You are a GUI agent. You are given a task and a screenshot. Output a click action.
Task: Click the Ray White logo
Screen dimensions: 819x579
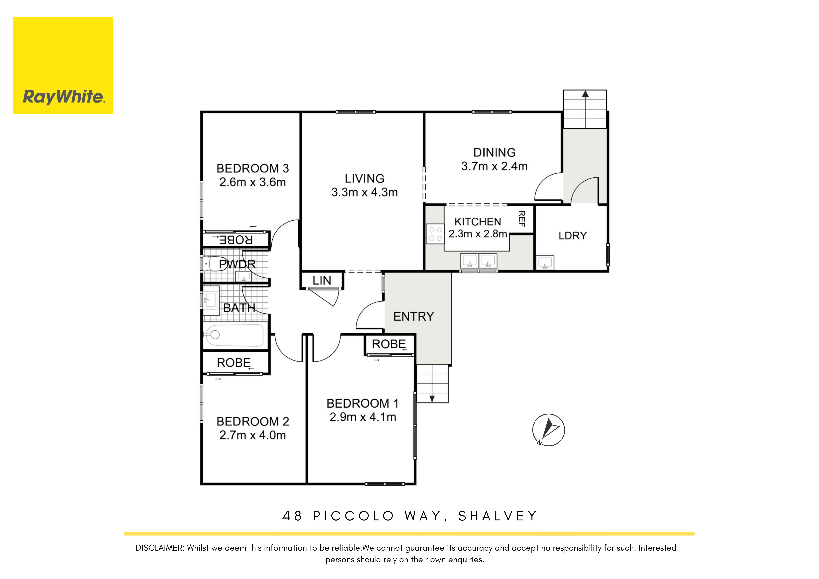coord(63,66)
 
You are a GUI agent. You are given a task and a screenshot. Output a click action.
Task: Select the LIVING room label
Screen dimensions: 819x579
coord(365,178)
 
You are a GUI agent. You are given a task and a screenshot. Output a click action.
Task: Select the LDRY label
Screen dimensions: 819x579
coord(572,236)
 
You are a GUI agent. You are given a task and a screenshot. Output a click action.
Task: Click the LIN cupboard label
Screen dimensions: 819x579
coord(322,281)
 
